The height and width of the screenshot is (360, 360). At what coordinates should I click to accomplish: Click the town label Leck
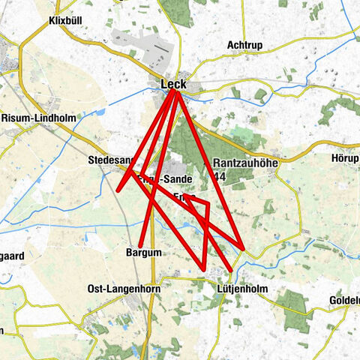coord(173,84)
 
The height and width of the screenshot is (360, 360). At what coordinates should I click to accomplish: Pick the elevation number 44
coord(219,176)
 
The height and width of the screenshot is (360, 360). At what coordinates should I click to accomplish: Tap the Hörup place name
coord(345,158)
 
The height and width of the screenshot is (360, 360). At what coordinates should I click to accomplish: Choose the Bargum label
coord(143,253)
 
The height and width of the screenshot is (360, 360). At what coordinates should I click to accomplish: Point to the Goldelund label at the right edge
coord(344,301)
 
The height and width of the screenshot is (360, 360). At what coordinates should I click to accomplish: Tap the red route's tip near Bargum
coord(140,243)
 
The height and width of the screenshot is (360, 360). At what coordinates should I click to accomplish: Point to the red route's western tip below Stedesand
coord(118,190)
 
